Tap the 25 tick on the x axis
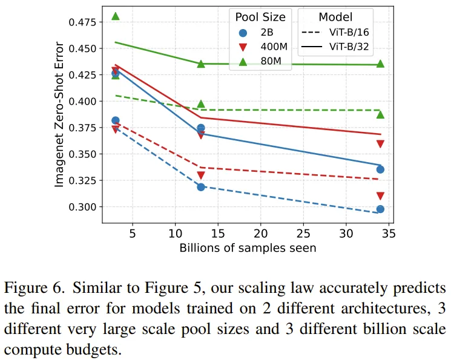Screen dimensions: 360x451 click(303, 233)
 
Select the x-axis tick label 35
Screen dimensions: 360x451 click(389, 233)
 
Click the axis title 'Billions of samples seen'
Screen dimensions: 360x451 click(248, 247)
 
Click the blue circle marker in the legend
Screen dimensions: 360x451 click(243, 32)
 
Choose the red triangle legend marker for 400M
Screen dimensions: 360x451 click(243, 47)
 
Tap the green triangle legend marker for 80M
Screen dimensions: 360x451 click(243, 61)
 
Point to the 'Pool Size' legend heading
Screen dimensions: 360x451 click(260, 16)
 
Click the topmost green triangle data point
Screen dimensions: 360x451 click(116, 16)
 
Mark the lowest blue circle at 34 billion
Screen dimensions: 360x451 click(380, 209)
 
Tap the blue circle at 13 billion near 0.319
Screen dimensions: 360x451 click(201, 187)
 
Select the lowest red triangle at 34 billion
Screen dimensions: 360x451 click(380, 196)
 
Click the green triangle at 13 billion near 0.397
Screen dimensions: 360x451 click(201, 104)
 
